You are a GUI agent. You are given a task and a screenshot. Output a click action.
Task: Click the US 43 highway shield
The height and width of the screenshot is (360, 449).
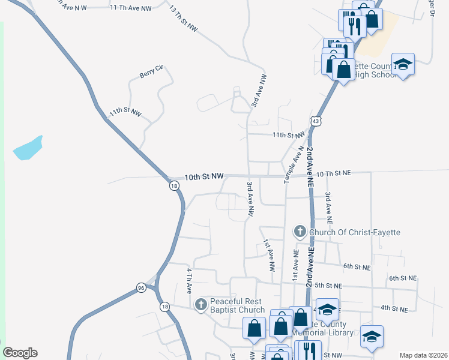[316, 121]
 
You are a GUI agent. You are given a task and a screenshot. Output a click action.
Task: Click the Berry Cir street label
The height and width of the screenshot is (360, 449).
[151, 72]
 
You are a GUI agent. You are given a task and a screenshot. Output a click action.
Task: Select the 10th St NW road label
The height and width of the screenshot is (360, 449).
[204, 176]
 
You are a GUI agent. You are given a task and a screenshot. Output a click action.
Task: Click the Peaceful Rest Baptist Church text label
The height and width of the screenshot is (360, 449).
[237, 305]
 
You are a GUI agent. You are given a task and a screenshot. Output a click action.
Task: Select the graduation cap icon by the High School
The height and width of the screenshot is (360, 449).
[403, 64]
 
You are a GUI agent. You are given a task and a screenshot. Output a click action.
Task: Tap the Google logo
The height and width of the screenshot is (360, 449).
[20, 353]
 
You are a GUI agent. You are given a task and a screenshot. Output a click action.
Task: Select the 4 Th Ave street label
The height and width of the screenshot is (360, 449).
[189, 280]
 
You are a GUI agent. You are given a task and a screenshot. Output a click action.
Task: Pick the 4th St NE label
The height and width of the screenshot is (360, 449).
[394, 309]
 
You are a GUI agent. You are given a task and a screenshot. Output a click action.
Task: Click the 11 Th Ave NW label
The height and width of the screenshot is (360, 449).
[131, 6]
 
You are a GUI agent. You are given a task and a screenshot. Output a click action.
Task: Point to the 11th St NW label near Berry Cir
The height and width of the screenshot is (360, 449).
[125, 113]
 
